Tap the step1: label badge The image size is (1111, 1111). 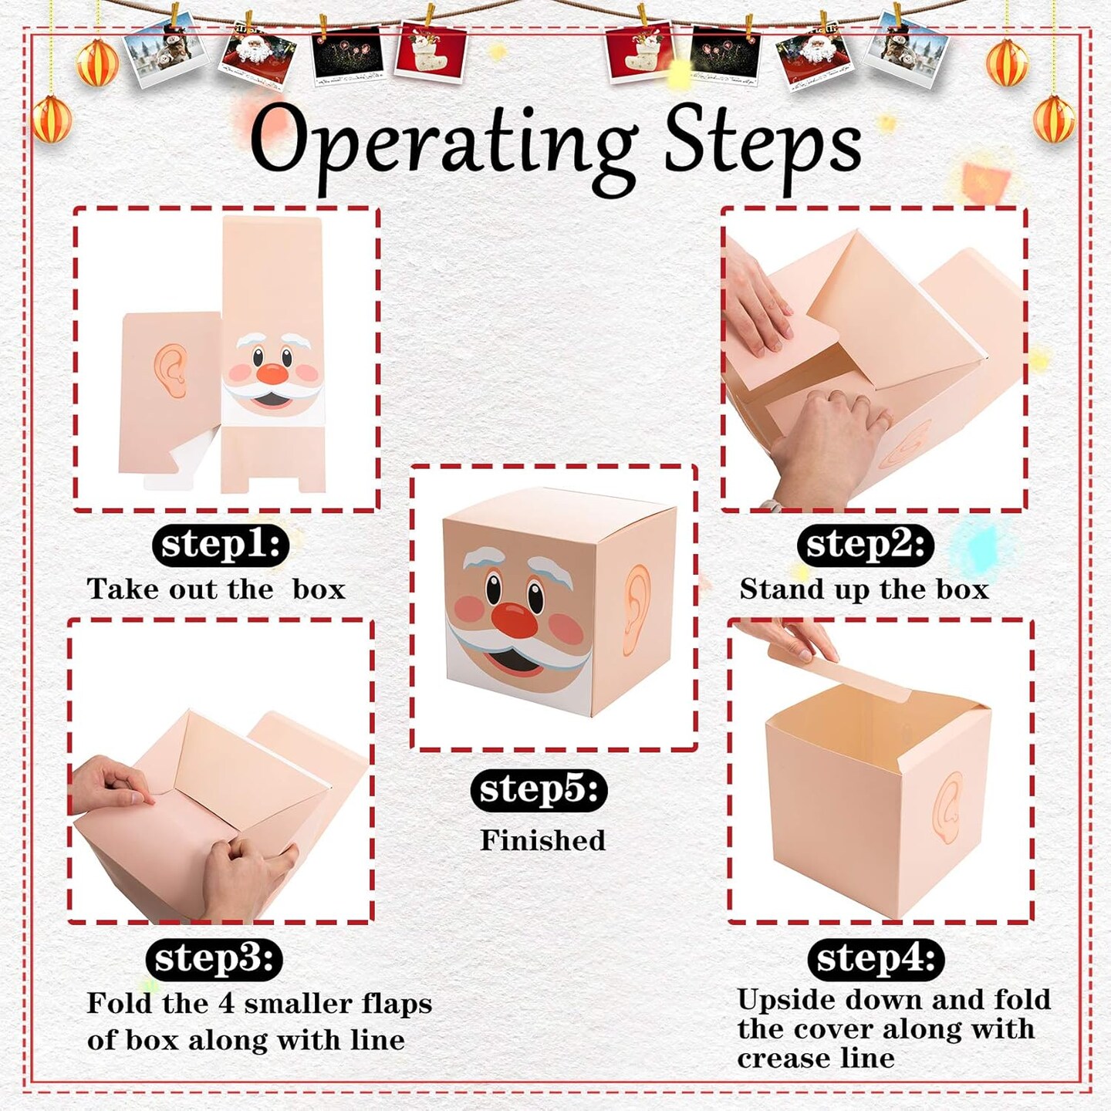point(221,544)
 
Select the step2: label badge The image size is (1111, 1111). point(864,545)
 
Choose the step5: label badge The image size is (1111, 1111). point(539,789)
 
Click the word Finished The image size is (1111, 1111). point(543,840)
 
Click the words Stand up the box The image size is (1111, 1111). point(864,589)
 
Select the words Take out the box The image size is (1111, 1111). point(216,589)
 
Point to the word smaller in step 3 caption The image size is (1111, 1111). point(297,1003)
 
